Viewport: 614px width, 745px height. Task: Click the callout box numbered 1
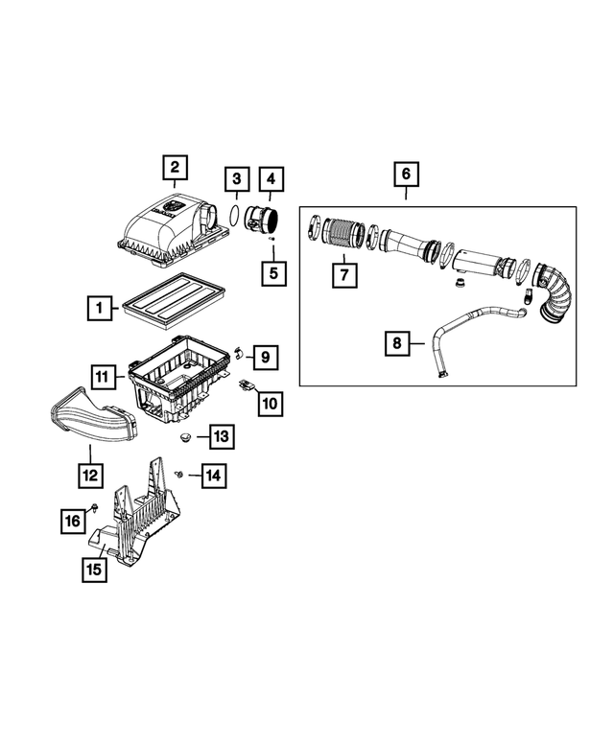click(97, 309)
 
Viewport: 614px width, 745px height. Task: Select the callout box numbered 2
click(174, 169)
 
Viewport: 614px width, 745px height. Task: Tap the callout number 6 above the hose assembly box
click(405, 175)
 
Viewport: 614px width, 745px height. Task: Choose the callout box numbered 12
click(89, 474)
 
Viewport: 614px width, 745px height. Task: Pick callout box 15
click(93, 569)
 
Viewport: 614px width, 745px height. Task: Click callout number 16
click(73, 521)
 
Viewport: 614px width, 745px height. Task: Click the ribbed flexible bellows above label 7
click(340, 234)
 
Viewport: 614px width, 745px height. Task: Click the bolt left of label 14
click(179, 474)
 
